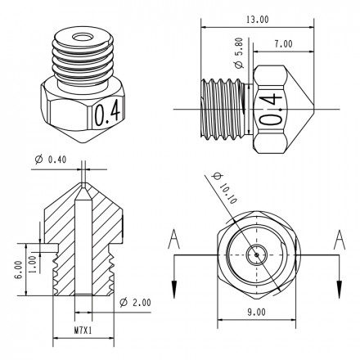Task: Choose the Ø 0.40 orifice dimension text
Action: (x=50, y=159)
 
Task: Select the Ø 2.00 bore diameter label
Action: (x=136, y=302)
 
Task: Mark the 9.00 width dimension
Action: (x=255, y=312)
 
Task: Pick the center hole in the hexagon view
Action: (x=256, y=254)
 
